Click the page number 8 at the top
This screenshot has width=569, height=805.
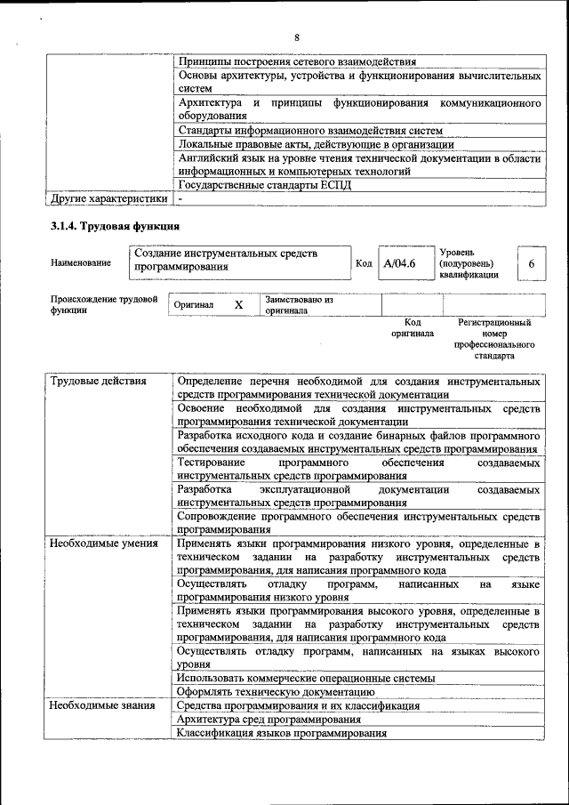point(297,36)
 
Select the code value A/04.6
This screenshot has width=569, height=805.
point(399,264)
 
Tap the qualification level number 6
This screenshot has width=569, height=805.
point(531,264)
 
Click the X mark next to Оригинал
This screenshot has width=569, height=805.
point(238,305)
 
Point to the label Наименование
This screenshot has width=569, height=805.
point(81,263)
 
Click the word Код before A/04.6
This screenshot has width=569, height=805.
point(364,264)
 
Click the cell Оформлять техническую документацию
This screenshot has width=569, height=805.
point(273,691)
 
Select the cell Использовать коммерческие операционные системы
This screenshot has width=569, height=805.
point(306,678)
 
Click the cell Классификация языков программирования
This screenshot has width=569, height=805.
point(282,733)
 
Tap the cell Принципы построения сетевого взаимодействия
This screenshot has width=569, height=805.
point(297,61)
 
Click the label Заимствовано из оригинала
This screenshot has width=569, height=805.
point(298,305)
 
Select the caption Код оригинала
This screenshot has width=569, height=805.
point(413,327)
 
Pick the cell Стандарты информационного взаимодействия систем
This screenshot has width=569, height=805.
point(310,130)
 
